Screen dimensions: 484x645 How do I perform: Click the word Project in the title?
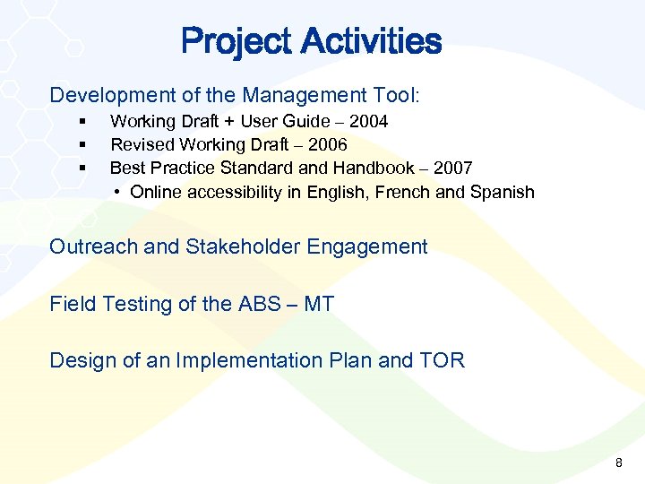click(x=236, y=41)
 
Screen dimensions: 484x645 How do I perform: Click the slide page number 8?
click(x=618, y=462)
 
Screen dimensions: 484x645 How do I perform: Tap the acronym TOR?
click(x=442, y=360)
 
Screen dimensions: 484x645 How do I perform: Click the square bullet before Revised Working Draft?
click(x=82, y=144)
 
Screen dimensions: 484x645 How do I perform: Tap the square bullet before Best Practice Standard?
click(x=82, y=168)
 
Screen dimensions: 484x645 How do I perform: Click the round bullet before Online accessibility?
click(x=118, y=192)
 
